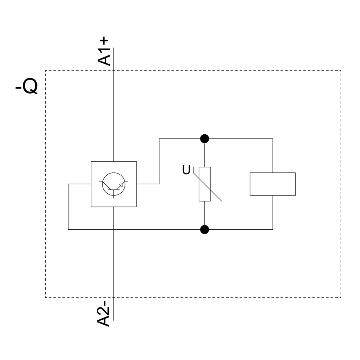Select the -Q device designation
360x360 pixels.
pyautogui.click(x=27, y=87)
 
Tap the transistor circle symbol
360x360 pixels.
pyautogui.click(x=114, y=184)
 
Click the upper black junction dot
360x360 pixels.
pyautogui.click(x=204, y=139)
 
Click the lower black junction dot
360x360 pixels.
pyautogui.click(x=204, y=229)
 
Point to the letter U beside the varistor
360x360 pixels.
pyautogui.click(x=186, y=170)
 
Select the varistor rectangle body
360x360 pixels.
pyautogui.click(x=204, y=184)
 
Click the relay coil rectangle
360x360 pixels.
pyautogui.click(x=273, y=184)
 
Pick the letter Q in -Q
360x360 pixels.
pyautogui.click(x=31, y=87)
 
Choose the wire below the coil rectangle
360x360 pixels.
pyautogui.click(x=273, y=212)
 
